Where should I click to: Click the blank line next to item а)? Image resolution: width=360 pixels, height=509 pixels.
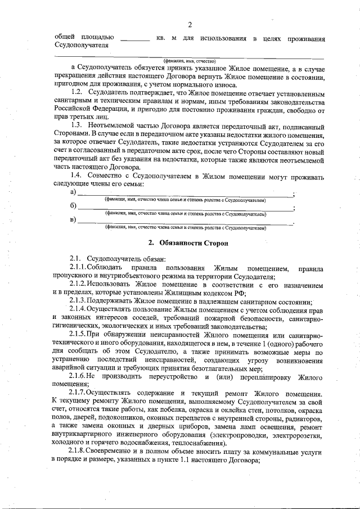coord(186,194)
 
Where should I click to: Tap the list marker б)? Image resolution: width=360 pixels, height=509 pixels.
coord(73,207)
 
